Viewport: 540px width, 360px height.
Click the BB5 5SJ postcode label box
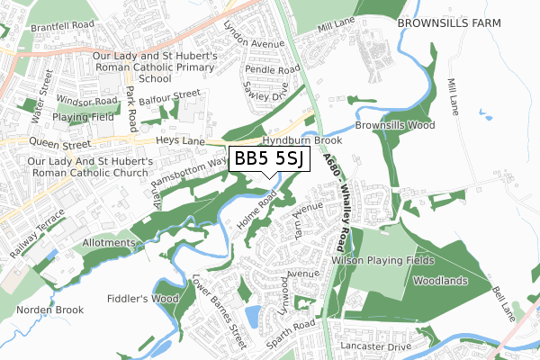(x=270, y=159)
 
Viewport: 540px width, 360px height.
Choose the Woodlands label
(x=440, y=281)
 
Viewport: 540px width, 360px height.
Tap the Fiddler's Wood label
(x=140, y=298)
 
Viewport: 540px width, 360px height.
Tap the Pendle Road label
(x=272, y=68)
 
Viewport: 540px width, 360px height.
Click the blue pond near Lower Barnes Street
(x=251, y=316)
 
